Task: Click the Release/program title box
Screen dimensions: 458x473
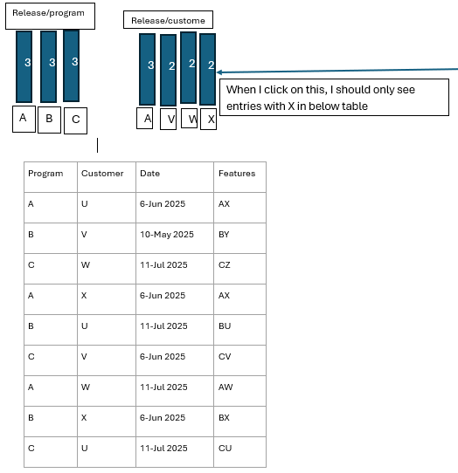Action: click(50, 17)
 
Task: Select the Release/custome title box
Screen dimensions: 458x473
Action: click(168, 20)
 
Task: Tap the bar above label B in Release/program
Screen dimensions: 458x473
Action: click(49, 66)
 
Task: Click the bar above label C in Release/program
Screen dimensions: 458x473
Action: click(72, 65)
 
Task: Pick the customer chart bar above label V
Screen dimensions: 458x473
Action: click(169, 70)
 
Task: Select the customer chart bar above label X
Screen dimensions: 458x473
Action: click(207, 69)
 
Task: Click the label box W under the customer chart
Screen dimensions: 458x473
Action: click(189, 119)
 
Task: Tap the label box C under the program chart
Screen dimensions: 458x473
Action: click(75, 120)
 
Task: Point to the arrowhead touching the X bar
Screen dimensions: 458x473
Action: click(219, 72)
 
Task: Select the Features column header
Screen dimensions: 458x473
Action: click(239, 177)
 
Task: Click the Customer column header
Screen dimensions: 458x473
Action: click(107, 177)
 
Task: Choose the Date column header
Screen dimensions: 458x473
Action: click(175, 177)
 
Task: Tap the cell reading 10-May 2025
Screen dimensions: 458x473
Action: click(175, 238)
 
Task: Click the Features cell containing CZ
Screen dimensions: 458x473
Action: click(239, 269)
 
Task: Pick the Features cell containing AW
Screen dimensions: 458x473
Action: click(239, 391)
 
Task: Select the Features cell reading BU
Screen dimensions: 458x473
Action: click(239, 330)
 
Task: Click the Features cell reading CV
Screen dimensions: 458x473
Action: click(239, 360)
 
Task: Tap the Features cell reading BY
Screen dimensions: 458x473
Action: click(239, 238)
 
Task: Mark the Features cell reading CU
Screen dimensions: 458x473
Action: click(239, 452)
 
